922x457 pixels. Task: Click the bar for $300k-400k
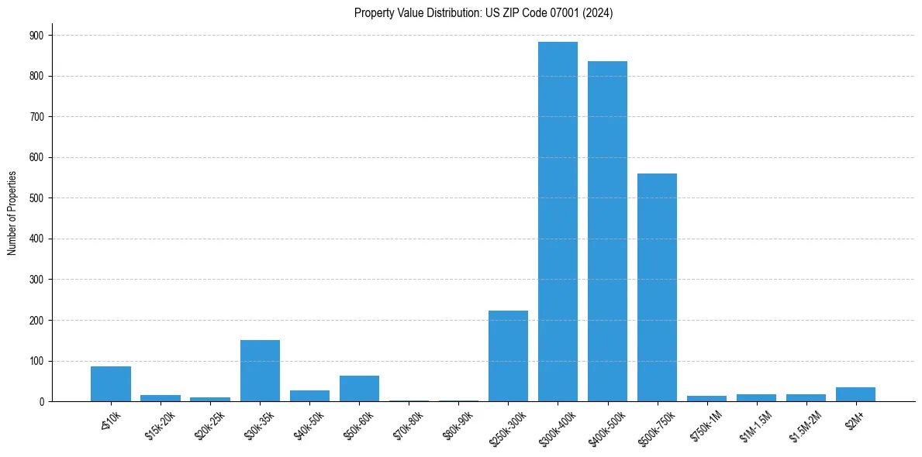tap(558, 222)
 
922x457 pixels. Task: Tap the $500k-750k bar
tap(657, 287)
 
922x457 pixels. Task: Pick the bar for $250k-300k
tap(508, 356)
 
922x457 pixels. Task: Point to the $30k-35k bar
tap(260, 370)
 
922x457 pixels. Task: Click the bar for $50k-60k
tap(359, 388)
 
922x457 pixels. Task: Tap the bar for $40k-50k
tap(309, 396)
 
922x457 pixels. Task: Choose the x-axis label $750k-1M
tap(707, 426)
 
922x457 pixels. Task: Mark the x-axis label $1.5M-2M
tap(806, 426)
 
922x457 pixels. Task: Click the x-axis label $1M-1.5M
tap(757, 426)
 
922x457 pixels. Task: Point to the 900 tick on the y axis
tap(36, 36)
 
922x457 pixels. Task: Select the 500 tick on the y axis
tap(36, 198)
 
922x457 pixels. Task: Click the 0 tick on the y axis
tap(41, 401)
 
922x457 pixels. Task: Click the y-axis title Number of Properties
tap(12, 212)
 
